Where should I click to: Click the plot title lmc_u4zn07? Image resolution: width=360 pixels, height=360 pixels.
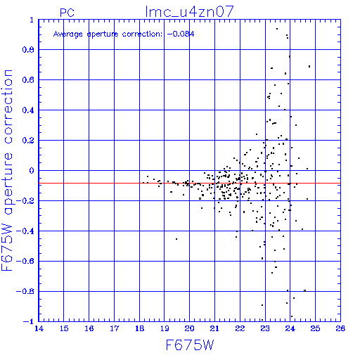189,12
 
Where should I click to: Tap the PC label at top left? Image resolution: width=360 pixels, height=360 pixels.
67,13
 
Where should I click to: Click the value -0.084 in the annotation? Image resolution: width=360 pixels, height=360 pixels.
181,34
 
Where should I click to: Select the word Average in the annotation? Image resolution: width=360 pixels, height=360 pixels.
68,34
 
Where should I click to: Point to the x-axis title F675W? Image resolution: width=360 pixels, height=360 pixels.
190,345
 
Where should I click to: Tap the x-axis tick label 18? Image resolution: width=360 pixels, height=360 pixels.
139,328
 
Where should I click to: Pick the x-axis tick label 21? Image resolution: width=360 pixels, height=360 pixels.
214,328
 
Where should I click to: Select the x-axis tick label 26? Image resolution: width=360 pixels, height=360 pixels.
340,328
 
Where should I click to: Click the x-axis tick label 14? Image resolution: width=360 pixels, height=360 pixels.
39,328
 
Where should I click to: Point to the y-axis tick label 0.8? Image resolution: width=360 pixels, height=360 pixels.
28,50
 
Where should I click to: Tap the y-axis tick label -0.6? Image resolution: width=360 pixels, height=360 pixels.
25,261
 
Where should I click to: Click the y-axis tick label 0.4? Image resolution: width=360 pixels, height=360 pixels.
28,110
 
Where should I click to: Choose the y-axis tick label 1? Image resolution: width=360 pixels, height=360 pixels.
32,20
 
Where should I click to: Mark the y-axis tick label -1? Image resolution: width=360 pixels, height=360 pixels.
29,321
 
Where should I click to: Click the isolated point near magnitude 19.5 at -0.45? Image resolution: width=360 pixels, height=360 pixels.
176,239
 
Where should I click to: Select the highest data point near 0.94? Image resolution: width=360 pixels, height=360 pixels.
277,29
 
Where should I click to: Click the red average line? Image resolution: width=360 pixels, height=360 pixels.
189,183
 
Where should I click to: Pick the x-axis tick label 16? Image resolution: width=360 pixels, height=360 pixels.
89,328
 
